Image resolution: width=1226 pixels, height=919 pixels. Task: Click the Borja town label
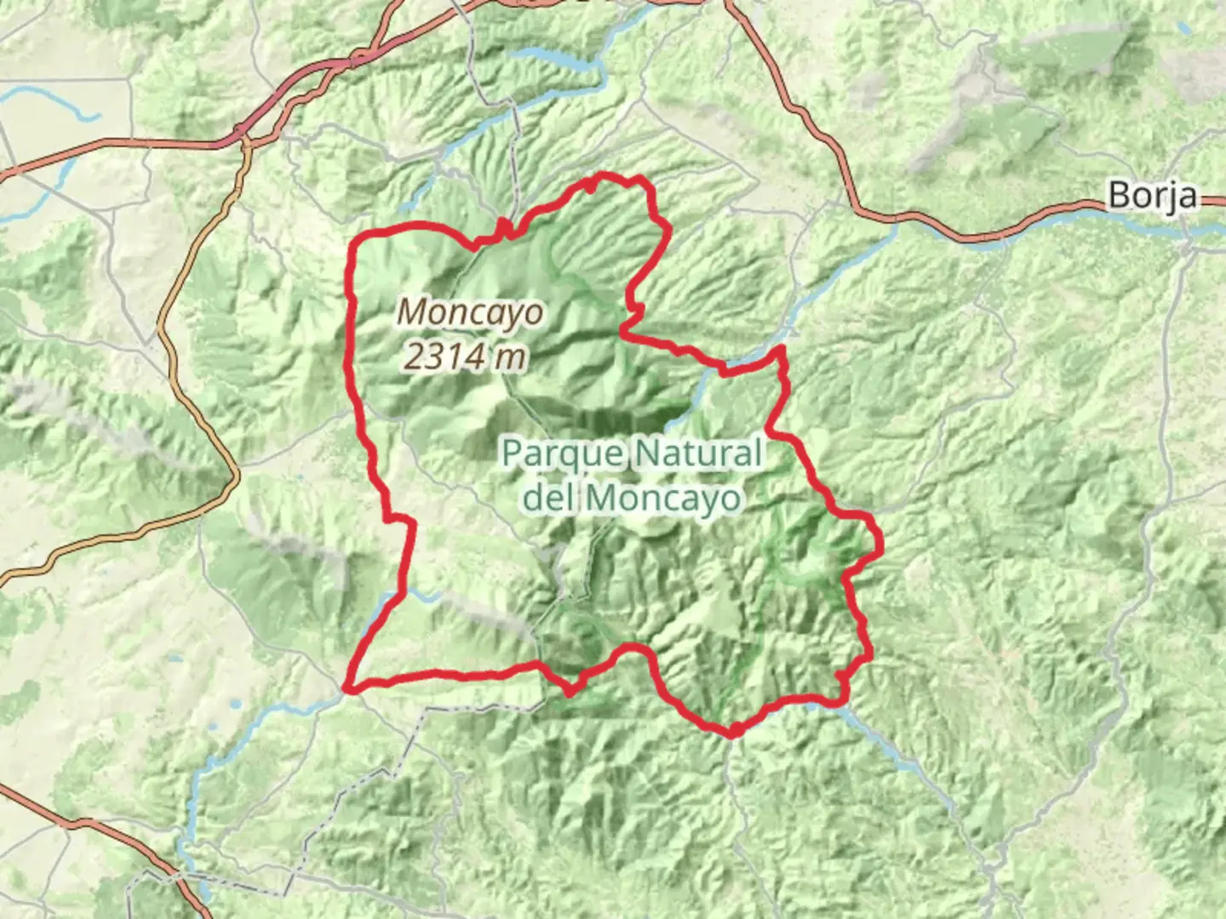[1152, 196]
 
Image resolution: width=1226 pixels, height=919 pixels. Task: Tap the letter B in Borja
[1119, 196]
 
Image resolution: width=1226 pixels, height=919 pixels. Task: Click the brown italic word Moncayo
[470, 312]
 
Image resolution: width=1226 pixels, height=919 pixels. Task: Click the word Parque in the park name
[562, 454]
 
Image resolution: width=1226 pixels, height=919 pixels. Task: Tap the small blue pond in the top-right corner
[1184, 29]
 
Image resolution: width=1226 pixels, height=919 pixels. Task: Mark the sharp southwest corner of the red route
[346, 687]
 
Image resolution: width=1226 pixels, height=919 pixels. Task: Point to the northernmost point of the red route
[604, 175]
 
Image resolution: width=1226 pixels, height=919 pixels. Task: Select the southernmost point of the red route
[733, 732]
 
